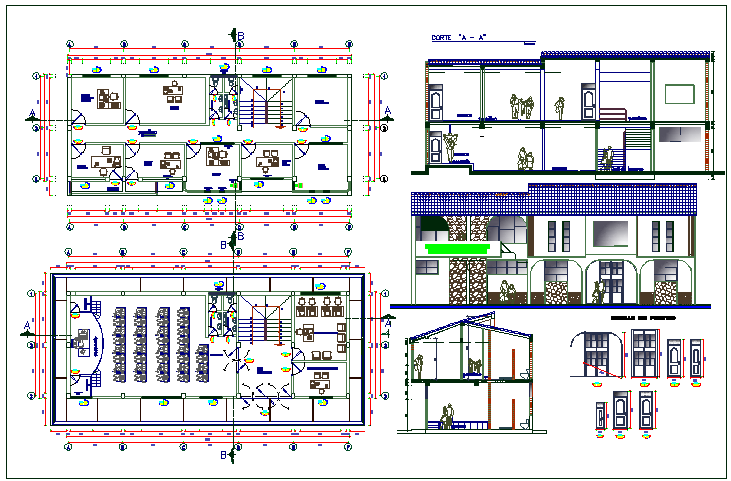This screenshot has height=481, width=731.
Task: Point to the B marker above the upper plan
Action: pos(240,36)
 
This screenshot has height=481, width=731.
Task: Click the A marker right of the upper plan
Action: pos(387,111)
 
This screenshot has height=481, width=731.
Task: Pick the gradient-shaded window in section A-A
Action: pos(679,134)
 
